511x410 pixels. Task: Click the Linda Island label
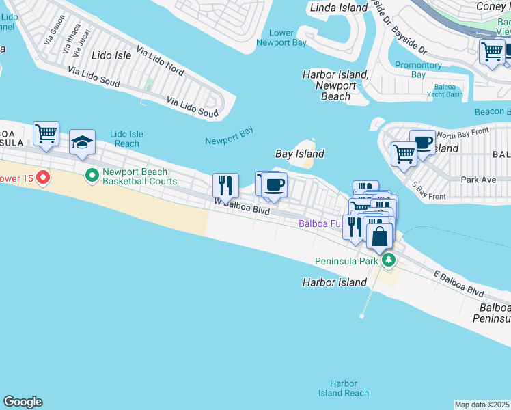pos(340,8)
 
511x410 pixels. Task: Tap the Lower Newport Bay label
pos(281,38)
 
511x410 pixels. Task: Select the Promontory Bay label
pos(419,70)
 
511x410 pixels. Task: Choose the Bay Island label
pos(299,154)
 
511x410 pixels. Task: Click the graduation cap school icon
pos(82,141)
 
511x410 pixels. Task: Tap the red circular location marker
pos(43,178)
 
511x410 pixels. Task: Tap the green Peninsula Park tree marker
pos(389,260)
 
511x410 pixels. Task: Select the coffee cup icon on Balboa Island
pos(422,141)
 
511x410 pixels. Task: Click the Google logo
pos(23,402)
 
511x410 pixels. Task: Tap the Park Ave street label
pos(478,180)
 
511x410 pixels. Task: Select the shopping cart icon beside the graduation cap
pos(46,133)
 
